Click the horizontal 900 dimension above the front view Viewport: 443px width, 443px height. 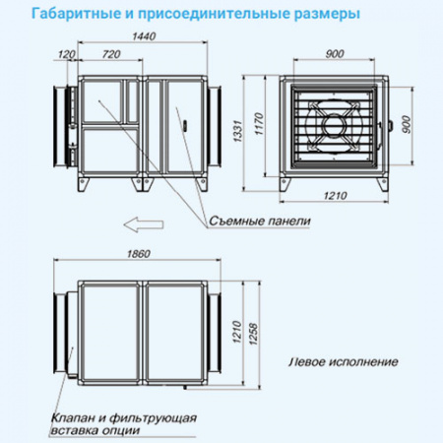click(x=335, y=53)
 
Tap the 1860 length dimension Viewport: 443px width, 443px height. click(x=139, y=255)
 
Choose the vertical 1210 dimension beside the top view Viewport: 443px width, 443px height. click(x=236, y=330)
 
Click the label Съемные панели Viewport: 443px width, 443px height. click(x=260, y=222)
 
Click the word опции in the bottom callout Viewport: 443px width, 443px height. click(x=121, y=430)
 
